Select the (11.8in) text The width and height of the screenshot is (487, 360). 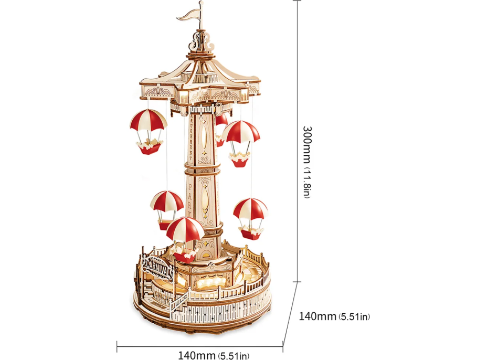tap(309, 186)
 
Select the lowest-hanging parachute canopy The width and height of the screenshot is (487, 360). tap(185, 229)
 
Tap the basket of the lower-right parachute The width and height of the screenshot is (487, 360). tap(250, 229)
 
